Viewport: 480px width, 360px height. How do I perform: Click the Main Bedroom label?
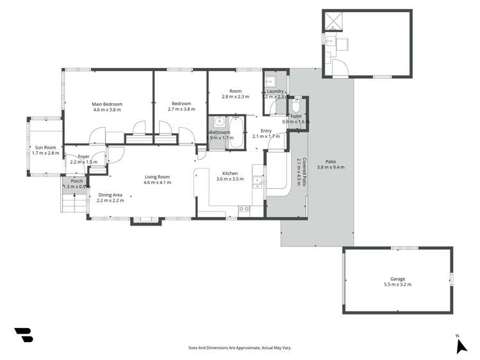pos(106,104)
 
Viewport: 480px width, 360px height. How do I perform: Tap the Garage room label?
pos(397,279)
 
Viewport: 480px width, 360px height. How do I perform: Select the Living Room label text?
pos(156,177)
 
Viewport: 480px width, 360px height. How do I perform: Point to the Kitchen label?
pos(230,174)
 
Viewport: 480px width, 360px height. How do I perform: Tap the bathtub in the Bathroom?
pos(235,132)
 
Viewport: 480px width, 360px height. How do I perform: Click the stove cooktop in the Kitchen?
pos(244,209)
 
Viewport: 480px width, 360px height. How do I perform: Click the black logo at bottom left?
pos(24,335)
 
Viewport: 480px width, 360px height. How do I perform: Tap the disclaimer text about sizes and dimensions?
pos(240,348)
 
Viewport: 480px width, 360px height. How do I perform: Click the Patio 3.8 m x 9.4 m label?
pos(331,164)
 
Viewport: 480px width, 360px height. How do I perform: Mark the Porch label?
pos(77,181)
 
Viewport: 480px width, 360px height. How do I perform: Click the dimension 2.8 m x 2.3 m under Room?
pos(235,97)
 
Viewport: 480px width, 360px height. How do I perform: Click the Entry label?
pos(266,131)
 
